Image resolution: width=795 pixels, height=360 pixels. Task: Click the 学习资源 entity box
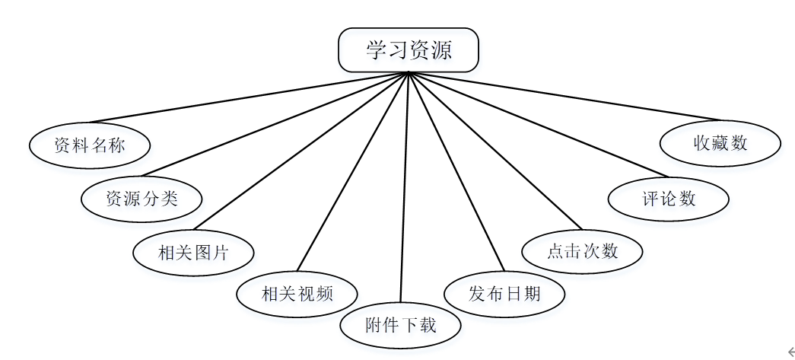coord(409,50)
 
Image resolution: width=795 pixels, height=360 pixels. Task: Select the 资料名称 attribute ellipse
coord(90,145)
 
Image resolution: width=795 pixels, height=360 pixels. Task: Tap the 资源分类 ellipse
coord(142,199)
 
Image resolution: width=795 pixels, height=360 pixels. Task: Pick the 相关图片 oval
coord(193,252)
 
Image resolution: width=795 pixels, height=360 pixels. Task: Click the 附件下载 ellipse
coord(400,326)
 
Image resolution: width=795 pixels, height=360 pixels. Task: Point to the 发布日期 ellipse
coord(504,293)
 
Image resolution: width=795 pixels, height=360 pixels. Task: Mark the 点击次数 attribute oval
coord(583,251)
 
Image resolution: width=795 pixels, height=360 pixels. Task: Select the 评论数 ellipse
coord(669,199)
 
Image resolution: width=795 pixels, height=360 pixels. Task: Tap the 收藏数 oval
coord(720,142)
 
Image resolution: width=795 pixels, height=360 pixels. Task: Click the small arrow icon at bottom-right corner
coord(790,352)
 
